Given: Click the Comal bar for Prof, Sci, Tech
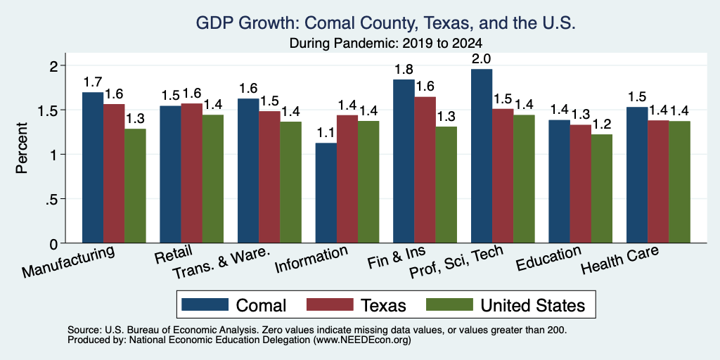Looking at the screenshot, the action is click(482, 156).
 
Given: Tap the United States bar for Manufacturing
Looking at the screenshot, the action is click(136, 186).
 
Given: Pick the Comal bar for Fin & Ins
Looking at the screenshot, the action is click(404, 161).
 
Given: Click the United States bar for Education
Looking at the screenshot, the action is click(602, 188).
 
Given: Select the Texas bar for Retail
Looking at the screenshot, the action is click(192, 173).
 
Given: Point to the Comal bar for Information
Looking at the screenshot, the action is click(326, 193).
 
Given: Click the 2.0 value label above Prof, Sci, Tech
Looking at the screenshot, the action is click(482, 59).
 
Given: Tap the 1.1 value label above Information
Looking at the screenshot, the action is click(326, 133).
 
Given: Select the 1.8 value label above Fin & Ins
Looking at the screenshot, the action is click(404, 69).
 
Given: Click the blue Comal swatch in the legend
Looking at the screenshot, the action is click(205, 304).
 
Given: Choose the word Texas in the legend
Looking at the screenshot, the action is click(383, 305).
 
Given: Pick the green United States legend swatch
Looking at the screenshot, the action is click(449, 304).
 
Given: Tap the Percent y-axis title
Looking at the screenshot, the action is click(22, 148).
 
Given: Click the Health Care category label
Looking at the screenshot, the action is click(620, 260).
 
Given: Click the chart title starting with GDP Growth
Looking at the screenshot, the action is click(386, 23).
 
